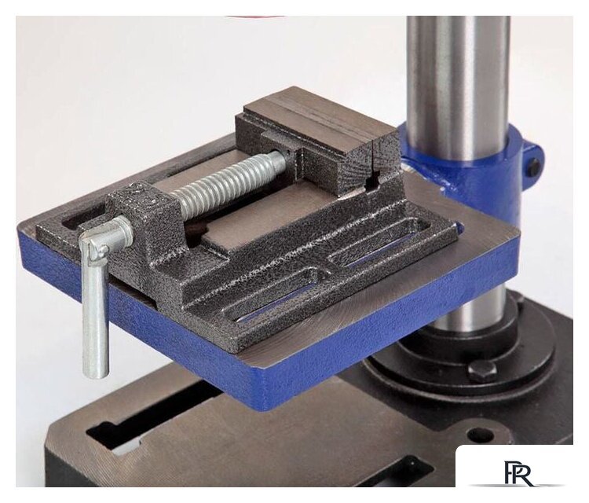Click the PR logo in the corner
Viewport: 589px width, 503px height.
tap(518, 472)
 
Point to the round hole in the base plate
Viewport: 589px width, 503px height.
tap(481, 435)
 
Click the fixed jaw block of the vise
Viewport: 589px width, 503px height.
tap(320, 139)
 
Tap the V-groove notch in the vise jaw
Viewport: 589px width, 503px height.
tap(372, 183)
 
